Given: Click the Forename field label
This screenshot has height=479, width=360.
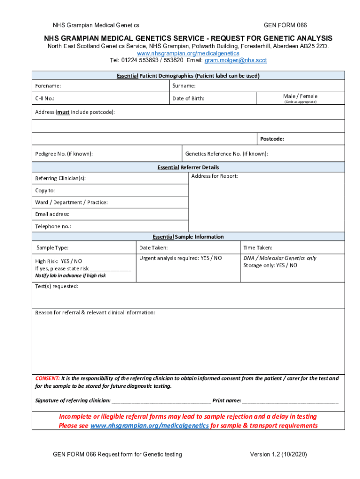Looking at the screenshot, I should coord(48,86).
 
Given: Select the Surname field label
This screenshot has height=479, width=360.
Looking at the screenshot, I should coord(184,86).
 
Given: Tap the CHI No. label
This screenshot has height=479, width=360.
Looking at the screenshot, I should coord(48,99).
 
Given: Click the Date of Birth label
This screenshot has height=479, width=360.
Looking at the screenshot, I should coord(188,99).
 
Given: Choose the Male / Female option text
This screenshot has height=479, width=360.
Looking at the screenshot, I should coord(300,96).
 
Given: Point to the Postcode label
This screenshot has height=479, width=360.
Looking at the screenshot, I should coord(272,139).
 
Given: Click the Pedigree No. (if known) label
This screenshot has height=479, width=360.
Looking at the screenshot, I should coord(64,154).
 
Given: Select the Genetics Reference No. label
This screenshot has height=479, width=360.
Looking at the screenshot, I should coord(227,154).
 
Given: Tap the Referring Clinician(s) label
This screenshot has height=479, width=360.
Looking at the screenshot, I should coord(60,179).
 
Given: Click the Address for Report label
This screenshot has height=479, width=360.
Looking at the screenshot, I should coord(214,176).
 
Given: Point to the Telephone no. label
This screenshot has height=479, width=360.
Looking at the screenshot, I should coord(53,226).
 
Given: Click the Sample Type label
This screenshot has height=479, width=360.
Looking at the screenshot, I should coord(52,248).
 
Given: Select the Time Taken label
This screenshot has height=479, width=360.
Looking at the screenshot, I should coord(258,248).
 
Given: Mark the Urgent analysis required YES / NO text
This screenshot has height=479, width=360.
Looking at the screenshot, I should coord(180,258).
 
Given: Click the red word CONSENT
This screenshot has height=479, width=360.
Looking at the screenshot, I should coord(47,378).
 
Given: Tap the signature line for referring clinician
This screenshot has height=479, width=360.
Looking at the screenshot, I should coord(161,401).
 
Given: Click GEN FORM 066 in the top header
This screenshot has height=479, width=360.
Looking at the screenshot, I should coord(285,25).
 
